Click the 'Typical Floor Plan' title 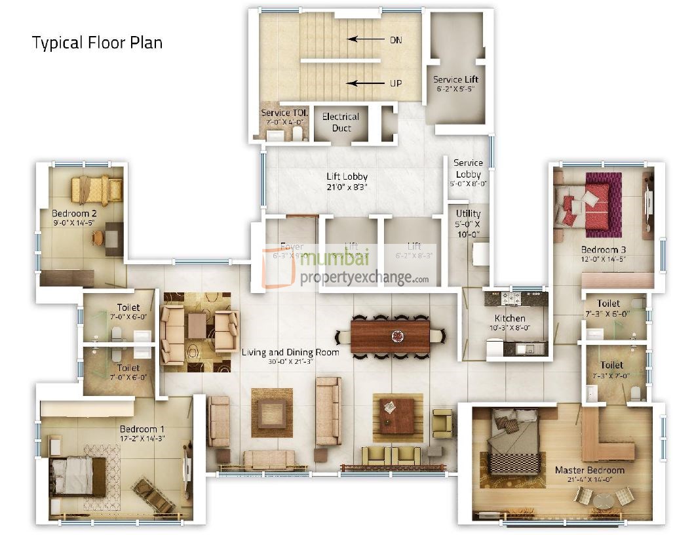(97, 43)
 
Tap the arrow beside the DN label (365, 39)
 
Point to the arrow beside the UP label (365, 83)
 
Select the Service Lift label (455, 80)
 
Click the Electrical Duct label (341, 122)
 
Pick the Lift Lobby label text (347, 176)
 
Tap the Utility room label (468, 214)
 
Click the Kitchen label (510, 319)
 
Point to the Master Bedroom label (589, 470)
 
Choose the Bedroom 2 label (74, 213)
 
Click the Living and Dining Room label (290, 353)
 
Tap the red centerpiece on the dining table (397, 336)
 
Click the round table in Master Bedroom (604, 502)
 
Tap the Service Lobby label (468, 168)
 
